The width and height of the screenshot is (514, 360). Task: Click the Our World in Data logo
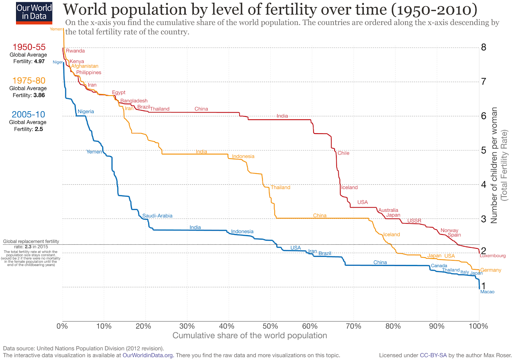(x=34, y=13)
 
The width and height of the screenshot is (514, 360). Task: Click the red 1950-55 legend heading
(x=29, y=47)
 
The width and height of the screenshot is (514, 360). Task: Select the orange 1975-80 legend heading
(x=29, y=81)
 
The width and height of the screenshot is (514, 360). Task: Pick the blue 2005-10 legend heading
(x=28, y=114)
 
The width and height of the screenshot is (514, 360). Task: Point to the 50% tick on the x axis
(x=270, y=326)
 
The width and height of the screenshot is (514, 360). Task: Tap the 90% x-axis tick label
(x=437, y=326)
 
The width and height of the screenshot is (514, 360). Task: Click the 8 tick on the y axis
(x=483, y=48)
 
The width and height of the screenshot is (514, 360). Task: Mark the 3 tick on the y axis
(x=483, y=219)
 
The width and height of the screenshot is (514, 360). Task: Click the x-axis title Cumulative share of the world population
(x=250, y=336)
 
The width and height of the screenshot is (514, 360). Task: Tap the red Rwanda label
(x=75, y=51)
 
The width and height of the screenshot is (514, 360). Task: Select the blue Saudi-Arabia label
(x=157, y=216)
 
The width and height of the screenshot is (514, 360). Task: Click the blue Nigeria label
(x=86, y=112)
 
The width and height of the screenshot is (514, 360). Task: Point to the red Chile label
(x=343, y=153)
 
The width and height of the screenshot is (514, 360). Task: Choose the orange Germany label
(x=491, y=270)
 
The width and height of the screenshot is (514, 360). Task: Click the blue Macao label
(x=487, y=292)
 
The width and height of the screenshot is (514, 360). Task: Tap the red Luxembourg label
(x=492, y=256)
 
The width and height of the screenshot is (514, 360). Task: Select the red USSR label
(x=414, y=221)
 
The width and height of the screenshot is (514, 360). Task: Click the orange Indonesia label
(x=243, y=157)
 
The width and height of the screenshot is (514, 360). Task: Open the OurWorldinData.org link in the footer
(x=148, y=355)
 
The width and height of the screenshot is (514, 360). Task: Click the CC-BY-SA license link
(x=433, y=355)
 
